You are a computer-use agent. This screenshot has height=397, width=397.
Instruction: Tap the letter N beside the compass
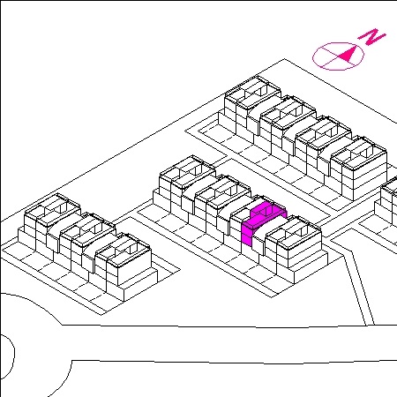pos(371,37)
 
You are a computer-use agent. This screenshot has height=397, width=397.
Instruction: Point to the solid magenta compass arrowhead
pos(346,54)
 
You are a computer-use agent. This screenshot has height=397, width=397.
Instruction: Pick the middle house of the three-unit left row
pos(88,238)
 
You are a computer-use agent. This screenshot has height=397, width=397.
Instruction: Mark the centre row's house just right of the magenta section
pos(294,249)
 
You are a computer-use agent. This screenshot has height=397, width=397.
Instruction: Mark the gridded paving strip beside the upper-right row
pos(265,161)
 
